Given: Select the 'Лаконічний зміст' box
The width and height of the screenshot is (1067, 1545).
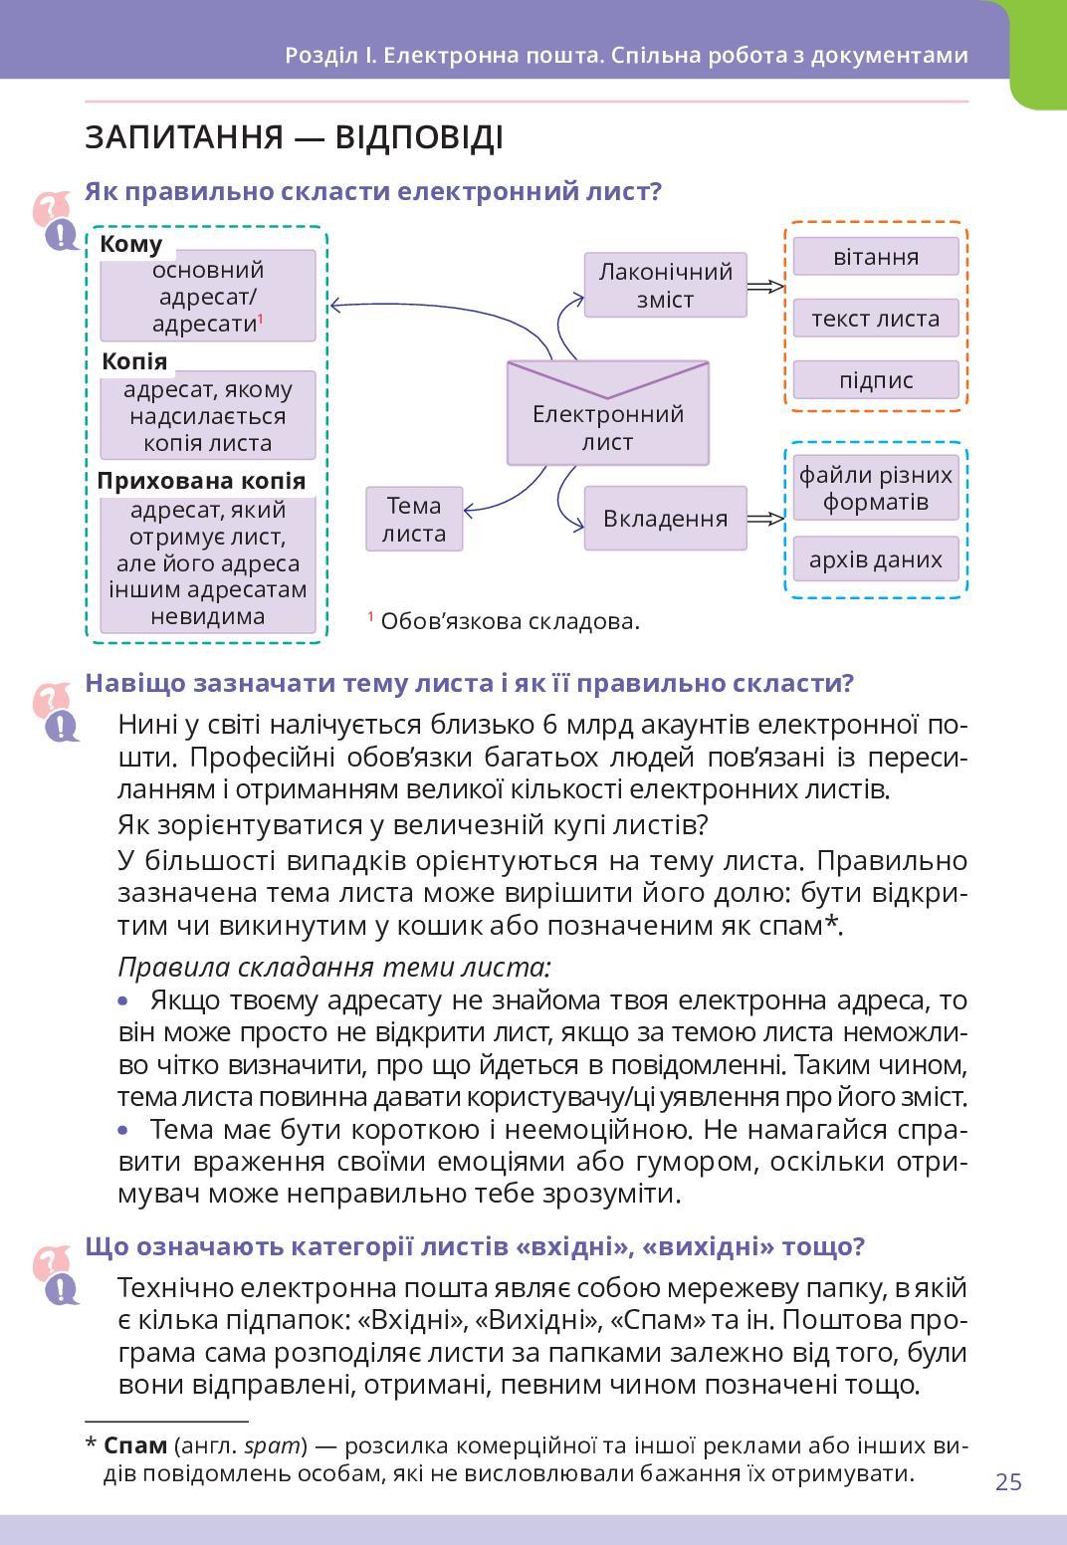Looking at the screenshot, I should coord(665,286).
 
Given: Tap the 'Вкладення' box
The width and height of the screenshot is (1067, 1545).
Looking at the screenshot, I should coord(665,519).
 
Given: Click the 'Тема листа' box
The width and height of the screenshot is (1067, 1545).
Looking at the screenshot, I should coord(414,519).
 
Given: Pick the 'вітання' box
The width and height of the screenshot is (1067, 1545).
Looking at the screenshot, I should coord(876,257).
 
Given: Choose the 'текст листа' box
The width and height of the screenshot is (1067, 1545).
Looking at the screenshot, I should coord(876,319).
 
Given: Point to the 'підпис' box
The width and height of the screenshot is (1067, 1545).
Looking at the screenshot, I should coord(876,380).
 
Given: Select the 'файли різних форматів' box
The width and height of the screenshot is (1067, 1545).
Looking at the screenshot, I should coord(876,488).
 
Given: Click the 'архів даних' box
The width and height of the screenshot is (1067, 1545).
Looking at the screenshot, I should coord(876,559).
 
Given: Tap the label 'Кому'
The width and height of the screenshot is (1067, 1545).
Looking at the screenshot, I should coord(131,245).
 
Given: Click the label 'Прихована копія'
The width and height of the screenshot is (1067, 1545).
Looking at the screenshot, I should coord(201,481).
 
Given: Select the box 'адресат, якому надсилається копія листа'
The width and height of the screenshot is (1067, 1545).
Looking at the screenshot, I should coord(208,416).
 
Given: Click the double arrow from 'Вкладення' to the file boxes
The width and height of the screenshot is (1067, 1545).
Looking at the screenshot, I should coord(765,519).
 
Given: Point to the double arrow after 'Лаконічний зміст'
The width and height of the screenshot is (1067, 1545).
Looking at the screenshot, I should coord(765,287).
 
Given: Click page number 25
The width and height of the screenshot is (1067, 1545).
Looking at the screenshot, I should coord(1008,1482).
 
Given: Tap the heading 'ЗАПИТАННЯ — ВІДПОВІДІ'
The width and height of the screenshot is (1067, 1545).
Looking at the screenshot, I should coord(294,137).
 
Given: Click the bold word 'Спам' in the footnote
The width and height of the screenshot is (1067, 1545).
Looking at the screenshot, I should coord(135,1445).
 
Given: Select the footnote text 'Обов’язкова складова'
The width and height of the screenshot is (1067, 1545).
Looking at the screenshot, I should coord(510,622).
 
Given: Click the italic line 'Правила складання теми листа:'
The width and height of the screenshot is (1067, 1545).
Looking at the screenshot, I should coord(334,967).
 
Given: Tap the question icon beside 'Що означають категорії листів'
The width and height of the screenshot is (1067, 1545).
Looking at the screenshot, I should coord(56,1276).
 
